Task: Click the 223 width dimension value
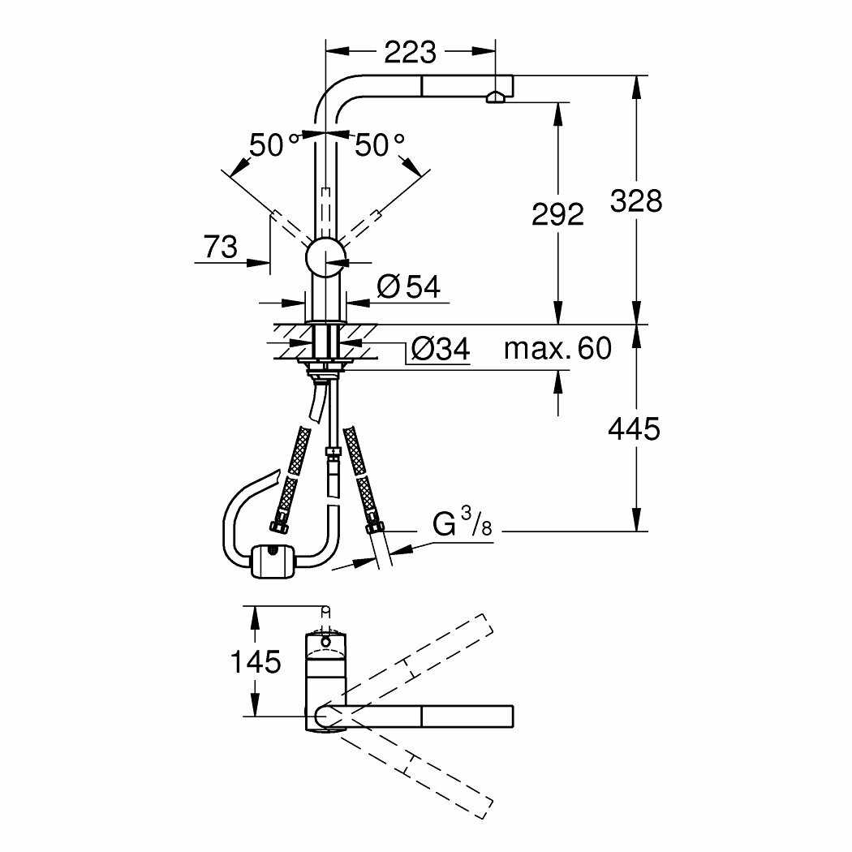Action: (x=411, y=52)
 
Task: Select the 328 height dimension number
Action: (x=635, y=201)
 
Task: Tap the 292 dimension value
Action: (x=557, y=214)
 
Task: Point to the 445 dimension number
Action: (x=634, y=428)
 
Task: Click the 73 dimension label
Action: (x=221, y=247)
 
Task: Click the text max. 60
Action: (x=557, y=348)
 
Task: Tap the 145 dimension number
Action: (x=256, y=662)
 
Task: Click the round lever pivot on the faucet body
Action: (x=326, y=257)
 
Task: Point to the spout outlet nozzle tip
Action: (x=494, y=98)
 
